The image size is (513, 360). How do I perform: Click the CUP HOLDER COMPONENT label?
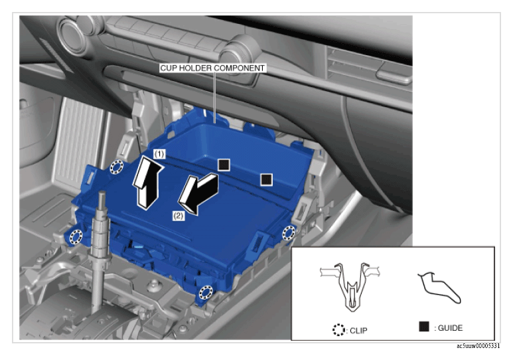pyautogui.click(x=212, y=68)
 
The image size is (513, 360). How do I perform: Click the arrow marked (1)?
pyautogui.click(x=147, y=182)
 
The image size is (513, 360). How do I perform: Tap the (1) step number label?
pyautogui.click(x=159, y=154)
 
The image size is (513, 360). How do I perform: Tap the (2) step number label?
pyautogui.click(x=179, y=216)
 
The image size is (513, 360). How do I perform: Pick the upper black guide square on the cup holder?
pyautogui.click(x=224, y=165)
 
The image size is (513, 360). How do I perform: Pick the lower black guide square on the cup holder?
pyautogui.click(x=266, y=179)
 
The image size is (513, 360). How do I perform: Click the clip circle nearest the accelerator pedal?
pyautogui.click(x=117, y=167)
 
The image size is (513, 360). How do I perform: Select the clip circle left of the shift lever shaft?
pyautogui.click(x=76, y=236)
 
